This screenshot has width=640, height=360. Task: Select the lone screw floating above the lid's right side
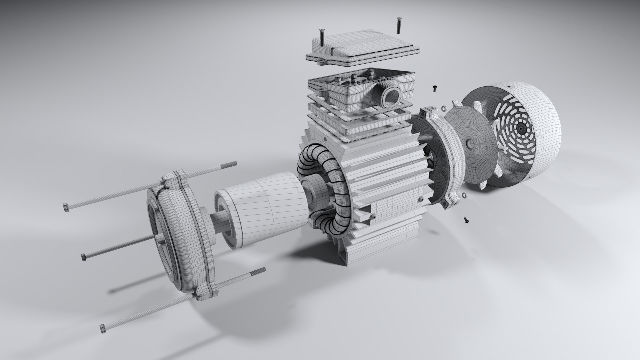tap(398, 25)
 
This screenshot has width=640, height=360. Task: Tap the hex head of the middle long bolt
tap(84, 257)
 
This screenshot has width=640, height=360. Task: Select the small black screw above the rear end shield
tap(435, 88)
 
